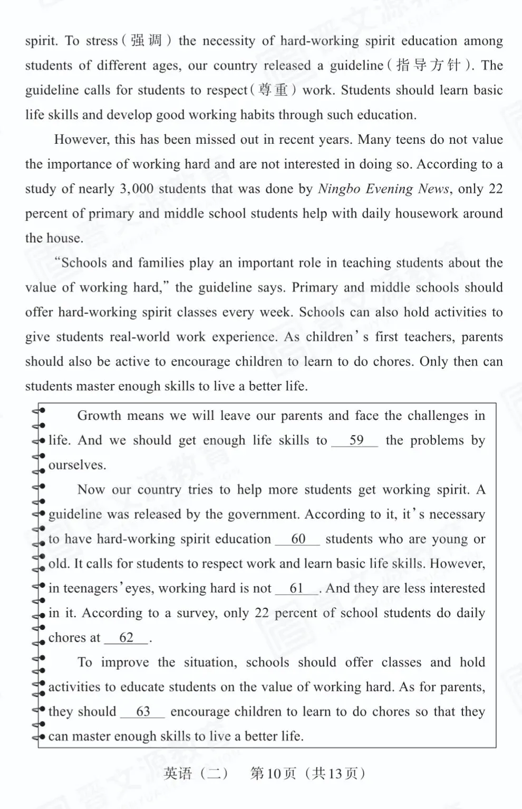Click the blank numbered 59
pyautogui.click(x=355, y=440)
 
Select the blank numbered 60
pyautogui.click(x=298, y=539)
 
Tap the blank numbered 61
pyautogui.click(x=297, y=588)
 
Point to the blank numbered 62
pyautogui.click(x=127, y=638)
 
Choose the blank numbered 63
pyautogui.click(x=143, y=712)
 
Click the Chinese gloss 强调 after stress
pyautogui.click(x=147, y=41)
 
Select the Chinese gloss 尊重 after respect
pyautogui.click(x=274, y=90)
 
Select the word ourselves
pyautogui.click(x=78, y=465)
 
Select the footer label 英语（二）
pyautogui.click(x=196, y=773)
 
